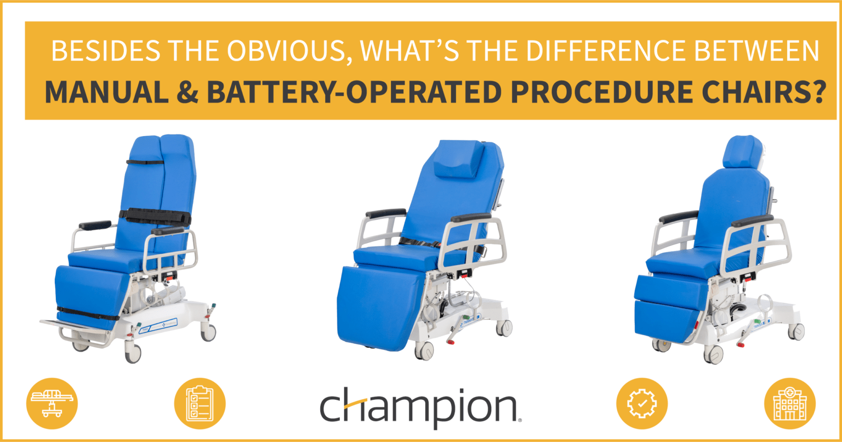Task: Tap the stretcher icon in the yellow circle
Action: (x=52, y=404)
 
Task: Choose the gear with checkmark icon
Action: (x=642, y=404)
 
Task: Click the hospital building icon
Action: (x=789, y=404)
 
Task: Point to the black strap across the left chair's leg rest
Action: (x=88, y=314)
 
